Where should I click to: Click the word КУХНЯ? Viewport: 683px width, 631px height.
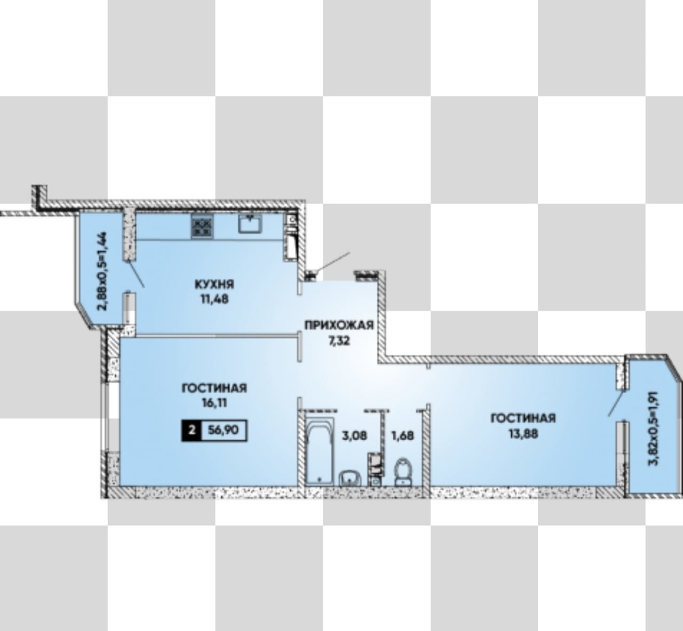(x=215, y=285)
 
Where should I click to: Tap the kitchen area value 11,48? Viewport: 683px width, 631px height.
(x=215, y=299)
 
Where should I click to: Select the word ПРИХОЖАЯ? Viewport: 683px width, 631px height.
(x=339, y=325)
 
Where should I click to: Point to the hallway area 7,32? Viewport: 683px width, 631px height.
(x=339, y=341)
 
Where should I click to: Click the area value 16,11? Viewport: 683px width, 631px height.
(x=215, y=402)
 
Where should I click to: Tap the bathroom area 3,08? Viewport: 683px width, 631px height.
(x=354, y=435)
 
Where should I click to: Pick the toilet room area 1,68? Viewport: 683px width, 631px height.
(x=402, y=435)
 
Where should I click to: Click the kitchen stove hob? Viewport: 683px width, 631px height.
(x=202, y=226)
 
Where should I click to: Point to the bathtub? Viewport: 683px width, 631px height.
(x=320, y=451)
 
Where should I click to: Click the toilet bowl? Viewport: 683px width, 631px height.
(x=403, y=471)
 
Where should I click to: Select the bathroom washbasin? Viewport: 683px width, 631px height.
(x=350, y=478)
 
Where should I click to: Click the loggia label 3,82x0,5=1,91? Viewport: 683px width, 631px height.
(x=653, y=428)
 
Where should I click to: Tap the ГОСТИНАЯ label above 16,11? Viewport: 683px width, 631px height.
(x=215, y=388)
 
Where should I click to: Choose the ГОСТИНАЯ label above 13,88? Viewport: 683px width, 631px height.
(x=523, y=418)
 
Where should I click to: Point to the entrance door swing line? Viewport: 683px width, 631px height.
(x=332, y=262)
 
